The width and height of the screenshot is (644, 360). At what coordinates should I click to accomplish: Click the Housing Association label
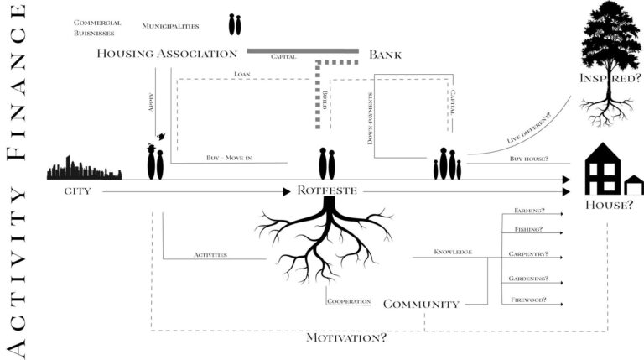point(167,54)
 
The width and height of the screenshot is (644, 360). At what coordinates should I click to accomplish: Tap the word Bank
point(385,55)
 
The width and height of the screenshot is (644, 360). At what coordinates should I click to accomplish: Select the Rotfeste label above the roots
point(326,190)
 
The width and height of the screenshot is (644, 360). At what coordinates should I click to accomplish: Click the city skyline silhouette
point(84,169)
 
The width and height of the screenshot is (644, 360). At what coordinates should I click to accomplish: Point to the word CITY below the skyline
point(77,191)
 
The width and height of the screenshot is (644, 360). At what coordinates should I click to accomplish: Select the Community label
point(421,304)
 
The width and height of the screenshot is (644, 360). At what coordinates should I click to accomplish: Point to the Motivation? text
point(346,337)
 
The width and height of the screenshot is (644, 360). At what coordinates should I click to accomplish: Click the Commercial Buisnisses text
point(97,29)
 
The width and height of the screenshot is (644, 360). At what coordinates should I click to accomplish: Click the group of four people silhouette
point(447,164)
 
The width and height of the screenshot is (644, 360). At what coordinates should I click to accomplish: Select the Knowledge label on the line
point(453,252)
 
